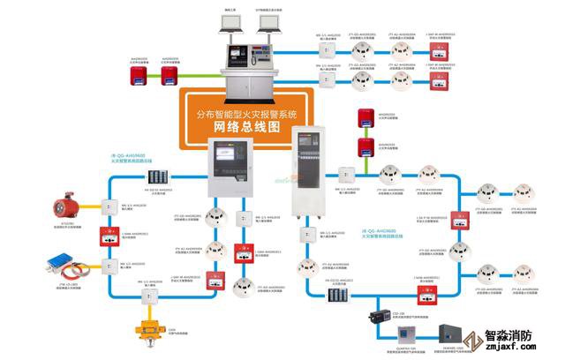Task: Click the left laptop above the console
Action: point(233,28)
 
